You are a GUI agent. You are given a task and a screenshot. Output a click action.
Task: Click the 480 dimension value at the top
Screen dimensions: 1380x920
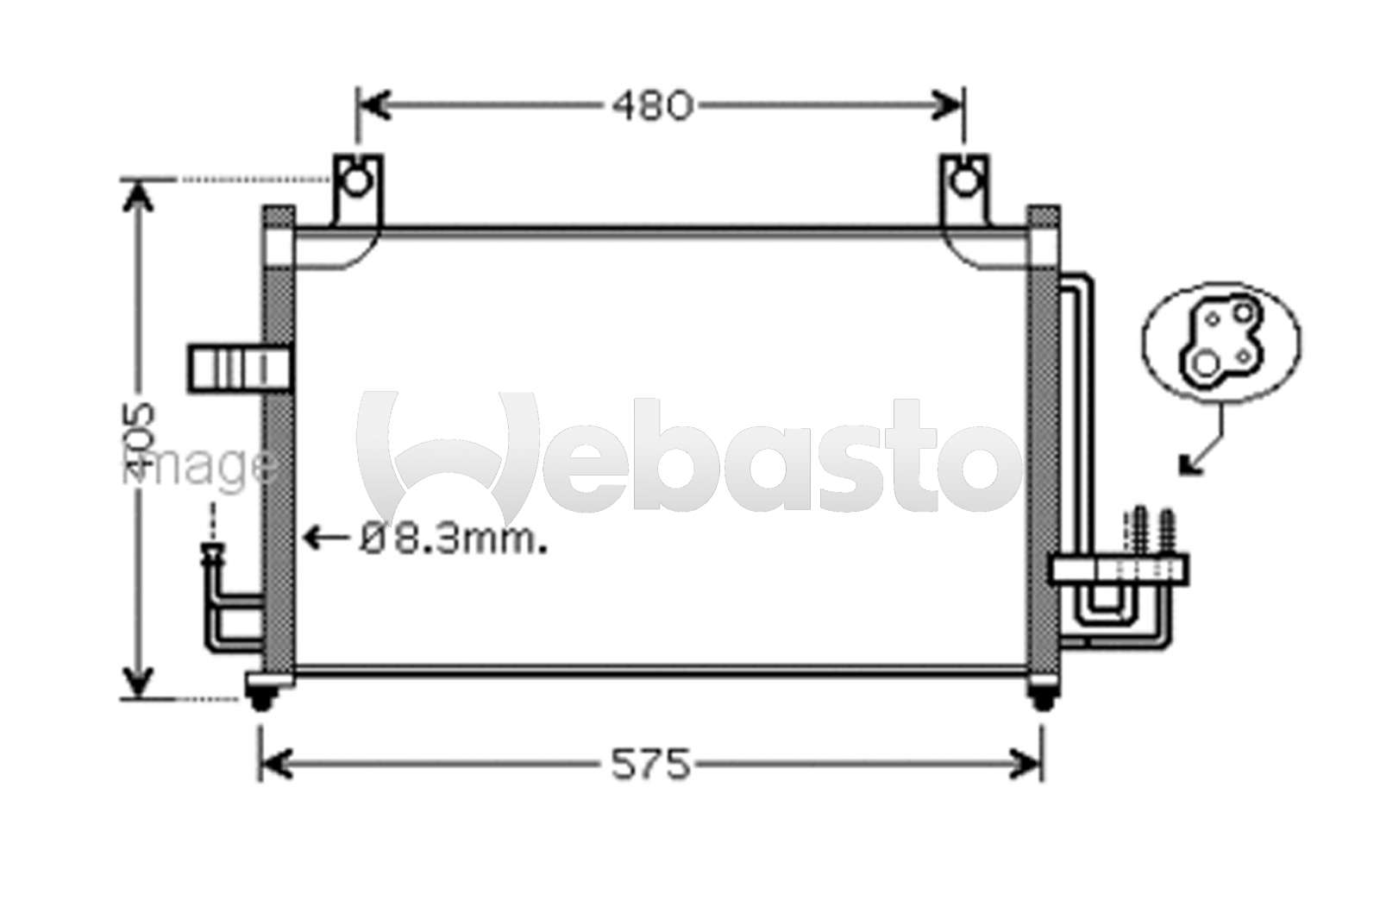coord(652,106)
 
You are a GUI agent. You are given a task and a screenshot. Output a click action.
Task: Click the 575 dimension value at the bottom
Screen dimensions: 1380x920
coord(650,765)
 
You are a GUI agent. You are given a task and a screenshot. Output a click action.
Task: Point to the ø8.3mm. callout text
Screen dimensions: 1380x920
coord(454,539)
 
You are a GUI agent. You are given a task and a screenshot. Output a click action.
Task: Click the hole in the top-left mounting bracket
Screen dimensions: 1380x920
coord(356,181)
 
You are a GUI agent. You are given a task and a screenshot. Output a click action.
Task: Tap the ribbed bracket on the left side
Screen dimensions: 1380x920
coord(239,369)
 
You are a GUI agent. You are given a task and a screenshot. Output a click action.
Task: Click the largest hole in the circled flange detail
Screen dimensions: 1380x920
coord(1204,364)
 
